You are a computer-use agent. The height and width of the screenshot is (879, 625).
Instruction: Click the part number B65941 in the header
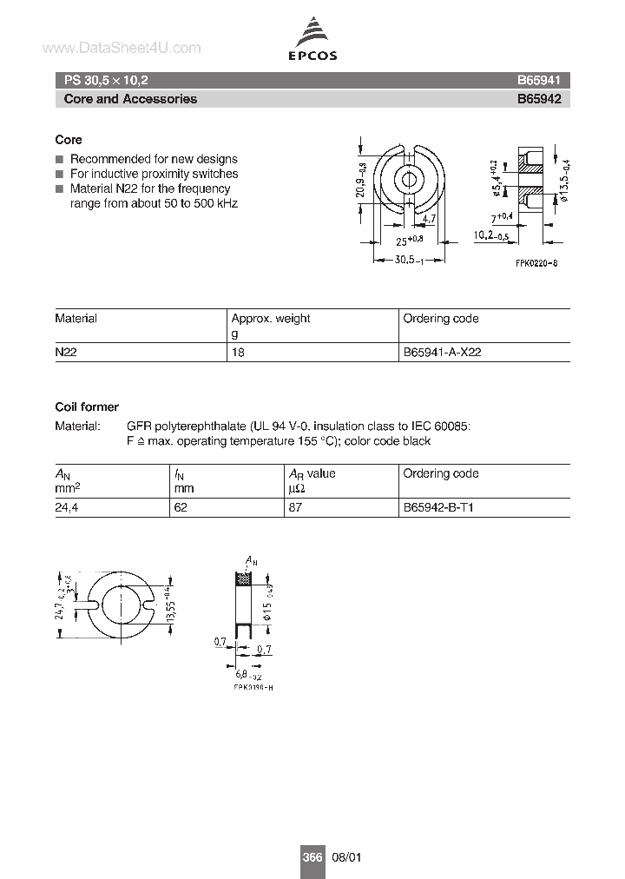tap(539, 79)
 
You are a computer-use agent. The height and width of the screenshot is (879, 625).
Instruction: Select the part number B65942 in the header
tap(539, 99)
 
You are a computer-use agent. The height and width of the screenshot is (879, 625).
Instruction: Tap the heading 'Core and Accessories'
tap(130, 99)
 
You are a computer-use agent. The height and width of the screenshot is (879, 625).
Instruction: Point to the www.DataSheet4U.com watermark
tap(121, 49)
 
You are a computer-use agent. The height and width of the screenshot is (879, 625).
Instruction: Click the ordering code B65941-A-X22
tap(442, 353)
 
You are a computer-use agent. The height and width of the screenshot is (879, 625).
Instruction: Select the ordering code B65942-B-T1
tap(438, 508)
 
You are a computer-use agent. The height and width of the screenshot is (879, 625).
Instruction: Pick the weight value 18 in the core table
tap(237, 353)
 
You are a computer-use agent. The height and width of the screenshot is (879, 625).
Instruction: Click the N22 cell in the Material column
tap(66, 353)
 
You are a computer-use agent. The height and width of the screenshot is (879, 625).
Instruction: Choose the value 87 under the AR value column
tap(295, 508)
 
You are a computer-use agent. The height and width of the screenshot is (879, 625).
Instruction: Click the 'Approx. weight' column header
tap(270, 319)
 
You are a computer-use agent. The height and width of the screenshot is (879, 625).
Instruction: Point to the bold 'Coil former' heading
tap(87, 406)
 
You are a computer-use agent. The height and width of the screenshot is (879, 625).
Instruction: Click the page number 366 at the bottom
tap(312, 856)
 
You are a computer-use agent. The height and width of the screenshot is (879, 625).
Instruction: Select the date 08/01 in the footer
tap(344, 856)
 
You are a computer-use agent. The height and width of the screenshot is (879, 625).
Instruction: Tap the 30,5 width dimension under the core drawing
tap(405, 259)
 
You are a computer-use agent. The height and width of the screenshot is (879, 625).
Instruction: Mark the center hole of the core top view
tap(406, 182)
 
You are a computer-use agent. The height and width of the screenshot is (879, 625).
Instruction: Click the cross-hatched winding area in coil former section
tap(245, 578)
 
